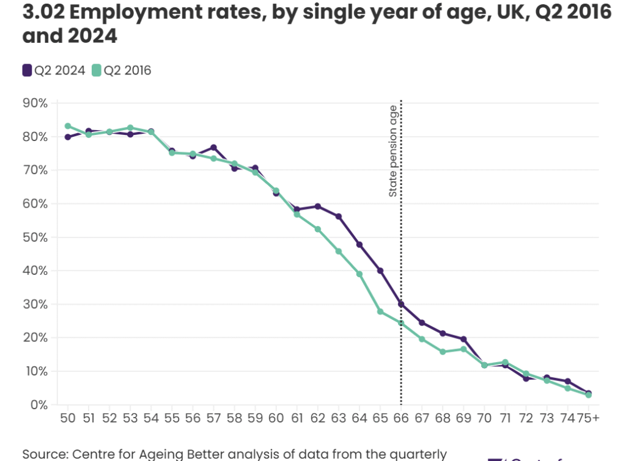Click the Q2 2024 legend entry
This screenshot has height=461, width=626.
[54, 71]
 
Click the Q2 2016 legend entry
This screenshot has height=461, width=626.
[121, 71]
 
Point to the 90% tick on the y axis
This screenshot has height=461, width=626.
[35, 103]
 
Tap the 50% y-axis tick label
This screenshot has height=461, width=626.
[35, 237]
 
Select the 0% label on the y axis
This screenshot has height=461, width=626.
[39, 405]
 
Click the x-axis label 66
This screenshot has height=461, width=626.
[401, 418]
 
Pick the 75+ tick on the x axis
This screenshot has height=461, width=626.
[587, 418]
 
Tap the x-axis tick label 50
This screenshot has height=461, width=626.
[68, 418]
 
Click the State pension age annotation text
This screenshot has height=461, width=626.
[393, 151]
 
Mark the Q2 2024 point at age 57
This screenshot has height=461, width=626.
[213, 147]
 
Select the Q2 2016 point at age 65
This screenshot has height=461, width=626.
[380, 311]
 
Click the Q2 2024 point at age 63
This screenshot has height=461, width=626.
[339, 217]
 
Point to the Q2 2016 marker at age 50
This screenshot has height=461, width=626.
[68, 126]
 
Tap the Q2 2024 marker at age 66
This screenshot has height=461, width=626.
[401, 304]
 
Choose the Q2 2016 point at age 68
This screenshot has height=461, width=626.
[443, 352]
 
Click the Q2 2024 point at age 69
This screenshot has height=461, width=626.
[463, 339]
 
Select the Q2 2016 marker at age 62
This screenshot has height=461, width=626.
[318, 229]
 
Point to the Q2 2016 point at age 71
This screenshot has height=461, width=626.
[505, 362]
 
